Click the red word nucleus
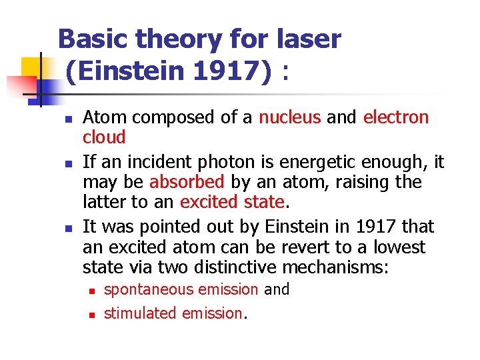point(289,117)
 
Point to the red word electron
point(396,117)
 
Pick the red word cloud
point(104,137)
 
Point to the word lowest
point(399,247)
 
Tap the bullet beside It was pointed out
point(59,227)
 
